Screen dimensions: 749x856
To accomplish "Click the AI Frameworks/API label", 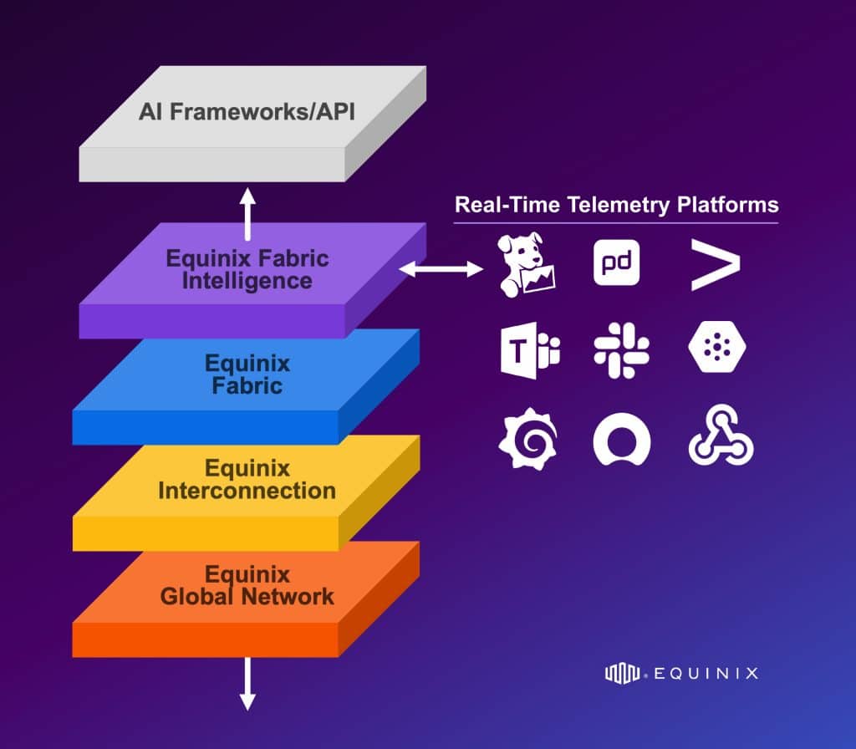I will [x=247, y=111].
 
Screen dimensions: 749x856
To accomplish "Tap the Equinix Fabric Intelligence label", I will [x=247, y=269].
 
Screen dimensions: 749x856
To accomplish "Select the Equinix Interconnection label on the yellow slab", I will [x=247, y=479].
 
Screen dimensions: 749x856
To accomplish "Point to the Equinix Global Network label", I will [x=247, y=585].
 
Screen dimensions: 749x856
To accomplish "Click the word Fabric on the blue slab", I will [x=247, y=386].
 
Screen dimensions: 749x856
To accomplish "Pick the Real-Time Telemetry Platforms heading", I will [x=616, y=205].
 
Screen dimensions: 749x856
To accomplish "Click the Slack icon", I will [x=621, y=350].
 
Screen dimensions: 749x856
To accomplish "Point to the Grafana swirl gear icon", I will [x=528, y=439].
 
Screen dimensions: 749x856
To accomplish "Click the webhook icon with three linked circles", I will [x=721, y=439].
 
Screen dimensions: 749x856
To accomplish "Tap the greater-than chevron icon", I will [x=716, y=264].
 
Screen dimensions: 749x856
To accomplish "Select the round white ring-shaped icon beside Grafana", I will [x=622, y=439].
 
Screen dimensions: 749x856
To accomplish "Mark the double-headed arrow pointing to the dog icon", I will [x=441, y=268].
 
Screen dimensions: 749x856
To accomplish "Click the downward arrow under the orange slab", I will [x=247, y=683].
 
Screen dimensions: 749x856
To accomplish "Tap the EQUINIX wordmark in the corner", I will [x=704, y=672].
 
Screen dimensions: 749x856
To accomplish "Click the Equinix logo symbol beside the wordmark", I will [x=622, y=672].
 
